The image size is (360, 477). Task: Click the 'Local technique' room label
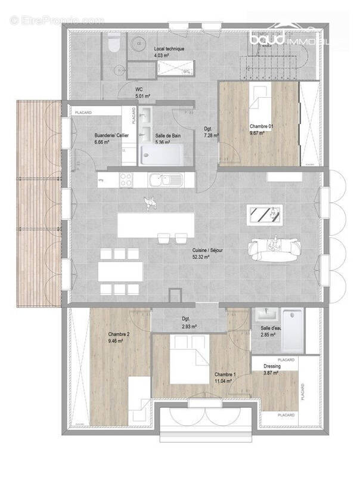pyautogui.click(x=169, y=48)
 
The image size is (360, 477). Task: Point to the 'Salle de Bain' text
pyautogui.click(x=168, y=136)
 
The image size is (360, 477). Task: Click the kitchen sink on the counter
pyautogui.click(x=162, y=178)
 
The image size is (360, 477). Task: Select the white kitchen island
pyautogui.click(x=156, y=225)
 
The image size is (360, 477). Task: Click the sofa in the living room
pyautogui.click(x=273, y=250)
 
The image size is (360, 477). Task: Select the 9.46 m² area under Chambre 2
pyautogui.click(x=116, y=341)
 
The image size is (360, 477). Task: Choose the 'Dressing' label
pyautogui.click(x=272, y=366)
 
